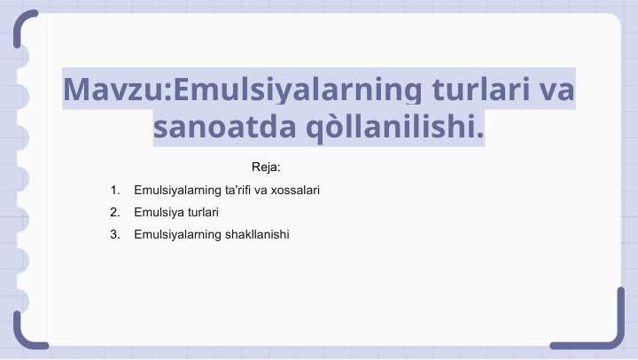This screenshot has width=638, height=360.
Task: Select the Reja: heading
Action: tap(266, 167)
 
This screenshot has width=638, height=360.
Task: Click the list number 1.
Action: tap(115, 190)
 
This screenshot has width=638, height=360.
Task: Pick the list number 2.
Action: tap(115, 212)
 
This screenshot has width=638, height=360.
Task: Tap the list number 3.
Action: tap(115, 234)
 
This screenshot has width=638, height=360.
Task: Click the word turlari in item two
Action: tap(202, 212)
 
